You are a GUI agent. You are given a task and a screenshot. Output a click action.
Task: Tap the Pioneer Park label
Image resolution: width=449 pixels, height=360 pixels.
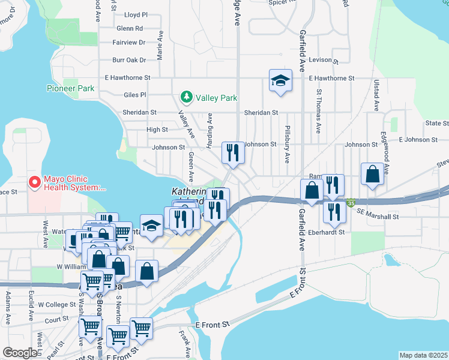pyautogui.click(x=70, y=88)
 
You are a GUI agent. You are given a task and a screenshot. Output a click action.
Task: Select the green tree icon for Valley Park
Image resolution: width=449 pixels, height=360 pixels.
pyautogui.click(x=187, y=97)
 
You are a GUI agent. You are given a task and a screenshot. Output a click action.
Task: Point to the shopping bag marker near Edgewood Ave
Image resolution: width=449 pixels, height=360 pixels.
pyautogui.click(x=372, y=175)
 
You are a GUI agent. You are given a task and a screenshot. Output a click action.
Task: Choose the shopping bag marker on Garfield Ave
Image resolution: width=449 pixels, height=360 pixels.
pyautogui.click(x=312, y=191)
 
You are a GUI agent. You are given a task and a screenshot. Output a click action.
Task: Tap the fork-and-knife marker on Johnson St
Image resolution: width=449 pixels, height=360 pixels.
pyautogui.click(x=232, y=152)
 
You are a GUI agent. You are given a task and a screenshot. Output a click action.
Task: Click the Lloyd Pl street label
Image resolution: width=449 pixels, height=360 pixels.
pyautogui.click(x=136, y=14)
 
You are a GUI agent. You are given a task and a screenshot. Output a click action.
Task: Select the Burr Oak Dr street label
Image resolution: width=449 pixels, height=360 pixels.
pyautogui.click(x=129, y=60)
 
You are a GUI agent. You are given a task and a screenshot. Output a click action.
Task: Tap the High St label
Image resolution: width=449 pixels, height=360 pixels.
pyautogui.click(x=157, y=130)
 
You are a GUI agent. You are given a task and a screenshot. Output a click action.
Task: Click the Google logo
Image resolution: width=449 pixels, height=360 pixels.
pyautogui.click(x=20, y=352)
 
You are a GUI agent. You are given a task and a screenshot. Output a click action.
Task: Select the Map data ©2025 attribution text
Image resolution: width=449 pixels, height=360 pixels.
pyautogui.click(x=423, y=355)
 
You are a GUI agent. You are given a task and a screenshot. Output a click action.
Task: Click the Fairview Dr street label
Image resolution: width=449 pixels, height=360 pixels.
pyautogui.click(x=129, y=43)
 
